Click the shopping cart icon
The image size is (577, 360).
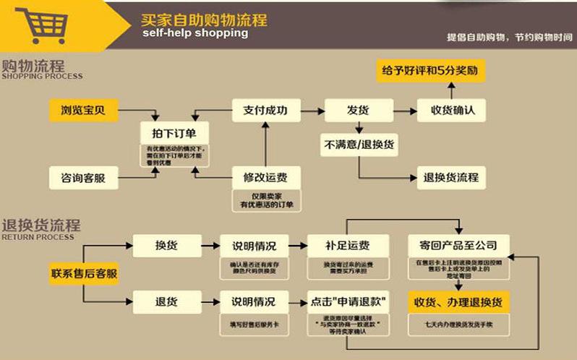(x=39, y=25)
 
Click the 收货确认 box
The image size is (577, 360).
(x=451, y=111)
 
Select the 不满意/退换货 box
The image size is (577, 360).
(x=358, y=145)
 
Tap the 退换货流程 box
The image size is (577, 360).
(x=451, y=177)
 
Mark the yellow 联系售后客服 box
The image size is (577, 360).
(x=84, y=274)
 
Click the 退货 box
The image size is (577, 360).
(x=166, y=300)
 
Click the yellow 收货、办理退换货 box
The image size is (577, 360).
(x=458, y=300)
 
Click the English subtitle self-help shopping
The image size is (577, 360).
(x=195, y=33)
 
